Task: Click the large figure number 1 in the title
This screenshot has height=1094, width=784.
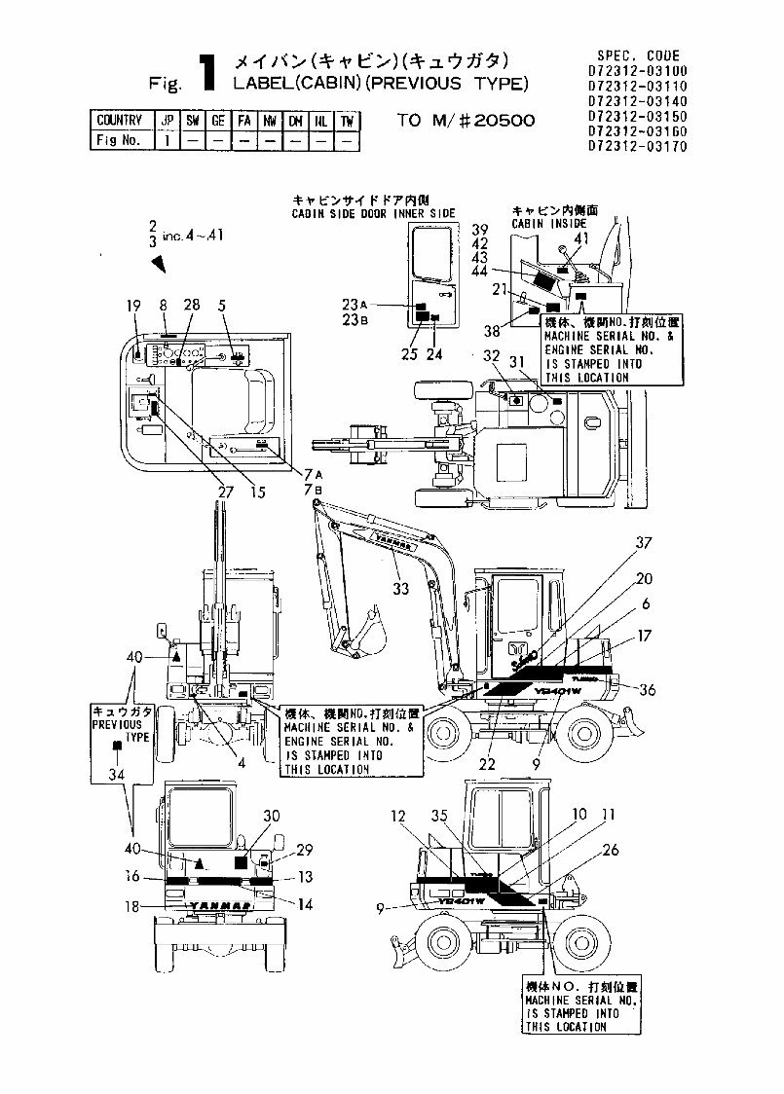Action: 206,74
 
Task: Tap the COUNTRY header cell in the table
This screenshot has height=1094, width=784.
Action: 119,121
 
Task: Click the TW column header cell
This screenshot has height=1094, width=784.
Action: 347,121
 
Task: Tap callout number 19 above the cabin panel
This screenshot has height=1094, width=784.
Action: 135,305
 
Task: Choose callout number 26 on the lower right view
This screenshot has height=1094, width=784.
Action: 611,850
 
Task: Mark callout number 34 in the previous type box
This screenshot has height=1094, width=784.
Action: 118,775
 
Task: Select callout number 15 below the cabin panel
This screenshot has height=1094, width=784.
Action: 257,492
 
